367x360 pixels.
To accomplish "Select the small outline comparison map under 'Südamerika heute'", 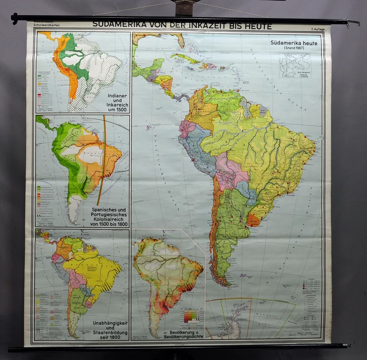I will point(295,64).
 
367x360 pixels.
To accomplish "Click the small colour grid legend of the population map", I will point(191,316).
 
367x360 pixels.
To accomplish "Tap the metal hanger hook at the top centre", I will point(185,7).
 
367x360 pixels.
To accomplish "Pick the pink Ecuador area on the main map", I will point(187,128).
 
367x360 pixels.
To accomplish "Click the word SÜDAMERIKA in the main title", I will point(120,25).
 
